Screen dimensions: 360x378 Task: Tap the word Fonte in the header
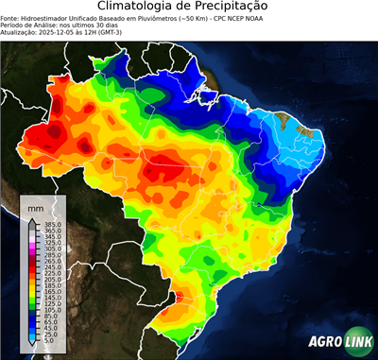10,17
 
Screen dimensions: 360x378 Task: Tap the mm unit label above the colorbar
35,207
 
